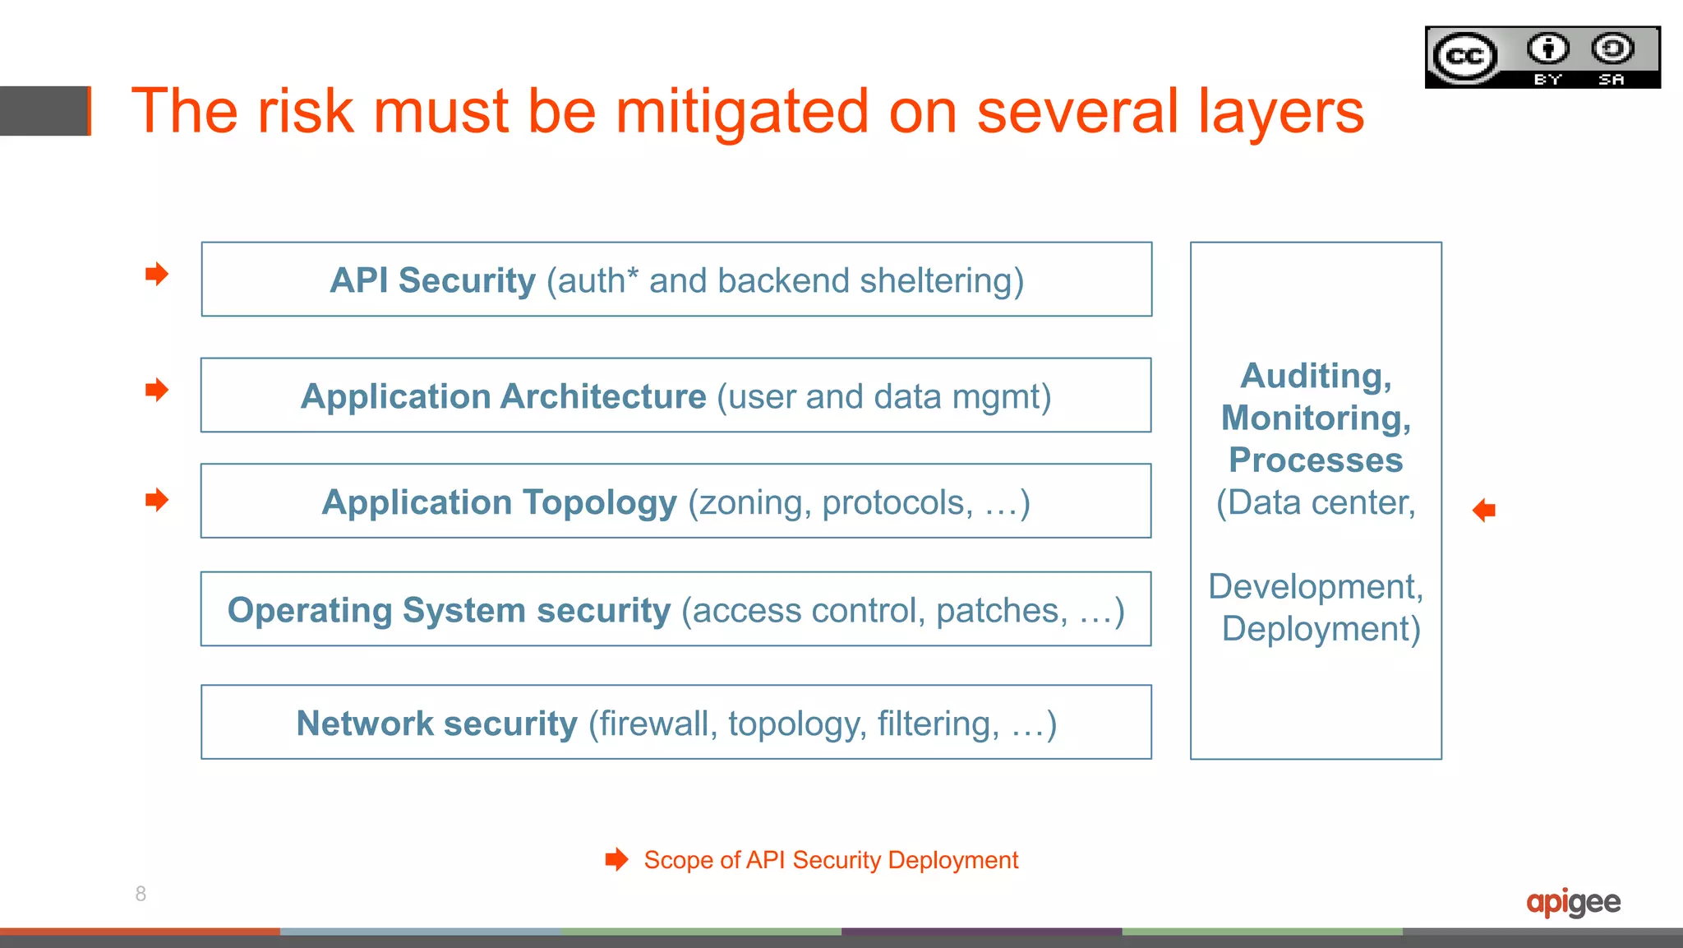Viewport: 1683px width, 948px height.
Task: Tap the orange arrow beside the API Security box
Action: coord(156,274)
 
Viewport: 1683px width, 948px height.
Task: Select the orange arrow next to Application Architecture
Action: coord(156,390)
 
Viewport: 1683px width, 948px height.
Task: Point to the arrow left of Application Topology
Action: coord(156,499)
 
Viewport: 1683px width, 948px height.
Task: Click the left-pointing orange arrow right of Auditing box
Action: coord(1484,511)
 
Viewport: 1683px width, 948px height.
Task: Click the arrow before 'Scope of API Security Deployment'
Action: coord(616,860)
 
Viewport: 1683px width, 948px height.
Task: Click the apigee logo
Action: coord(1573,903)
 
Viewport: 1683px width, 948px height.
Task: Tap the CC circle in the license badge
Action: coord(1465,57)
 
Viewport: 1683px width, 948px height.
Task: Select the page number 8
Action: coord(141,894)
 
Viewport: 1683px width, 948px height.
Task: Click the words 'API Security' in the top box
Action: coord(432,280)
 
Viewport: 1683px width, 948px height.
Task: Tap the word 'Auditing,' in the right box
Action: coord(1316,376)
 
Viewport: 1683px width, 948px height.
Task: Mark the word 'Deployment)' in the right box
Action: coord(1321,629)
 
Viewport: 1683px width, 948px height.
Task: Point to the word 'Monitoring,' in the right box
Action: coord(1316,418)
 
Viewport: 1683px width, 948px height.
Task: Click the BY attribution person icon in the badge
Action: coord(1547,49)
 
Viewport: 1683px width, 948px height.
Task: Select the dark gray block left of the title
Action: coord(44,111)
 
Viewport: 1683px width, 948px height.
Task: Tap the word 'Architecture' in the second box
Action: coord(603,396)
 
